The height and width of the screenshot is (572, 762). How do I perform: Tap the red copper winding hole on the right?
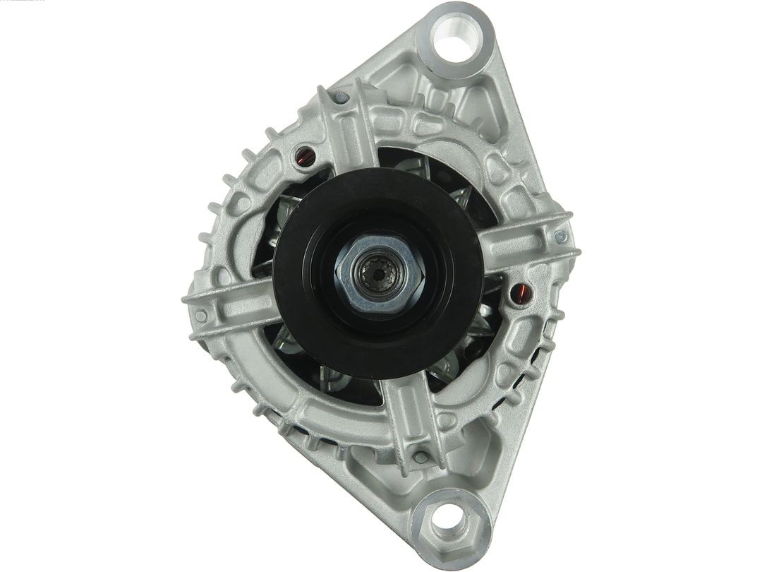click(x=520, y=293)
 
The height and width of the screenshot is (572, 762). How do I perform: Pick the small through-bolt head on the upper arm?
click(x=341, y=98)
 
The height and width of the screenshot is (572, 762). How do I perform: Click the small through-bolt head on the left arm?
click(x=201, y=316)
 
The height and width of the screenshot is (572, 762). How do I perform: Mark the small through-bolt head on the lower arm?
click(x=421, y=457)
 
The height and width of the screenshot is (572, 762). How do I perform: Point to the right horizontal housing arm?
click(x=529, y=244)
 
